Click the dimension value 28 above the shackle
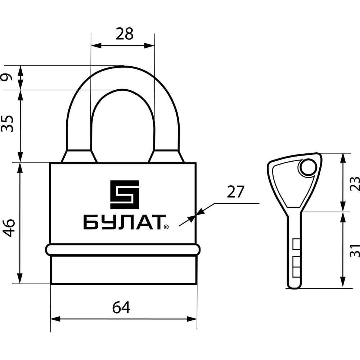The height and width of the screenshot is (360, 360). pos(125,34)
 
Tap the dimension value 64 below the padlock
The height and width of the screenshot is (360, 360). pos(121,307)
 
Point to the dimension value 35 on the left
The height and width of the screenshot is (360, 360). pos(7,123)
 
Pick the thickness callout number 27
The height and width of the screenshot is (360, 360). pos(235,192)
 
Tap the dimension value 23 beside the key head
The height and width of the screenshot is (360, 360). pos(355,184)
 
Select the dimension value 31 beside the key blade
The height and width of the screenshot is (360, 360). pos(355,251)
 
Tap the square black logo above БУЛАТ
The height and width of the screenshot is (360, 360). pos(125,195)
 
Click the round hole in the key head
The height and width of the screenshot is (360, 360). pos(308,168)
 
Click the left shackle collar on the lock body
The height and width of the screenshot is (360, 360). pos(79,156)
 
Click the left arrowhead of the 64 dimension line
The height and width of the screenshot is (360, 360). pos(55,319)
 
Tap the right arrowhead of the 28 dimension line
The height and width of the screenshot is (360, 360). pos(149,45)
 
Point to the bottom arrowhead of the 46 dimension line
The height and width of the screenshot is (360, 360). pos(20,279)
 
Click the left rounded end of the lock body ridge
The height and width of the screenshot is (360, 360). pos(49,250)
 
